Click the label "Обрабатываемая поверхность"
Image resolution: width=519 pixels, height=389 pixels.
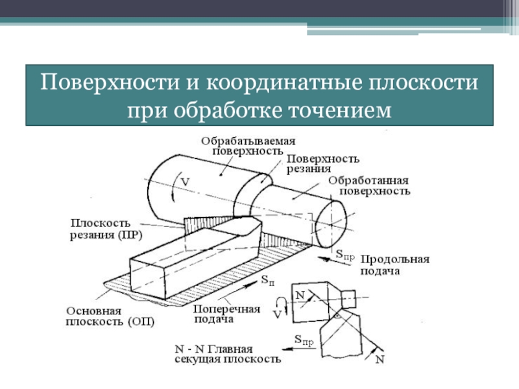click(248, 145)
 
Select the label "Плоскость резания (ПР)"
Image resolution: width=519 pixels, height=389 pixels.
click(106, 229)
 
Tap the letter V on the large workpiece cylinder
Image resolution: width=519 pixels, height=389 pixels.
click(185, 183)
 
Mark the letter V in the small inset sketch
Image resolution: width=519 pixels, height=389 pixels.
click(277, 314)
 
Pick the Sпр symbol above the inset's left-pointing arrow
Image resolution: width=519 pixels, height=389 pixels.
click(304, 338)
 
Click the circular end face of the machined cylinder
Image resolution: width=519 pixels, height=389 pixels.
click(333, 222)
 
